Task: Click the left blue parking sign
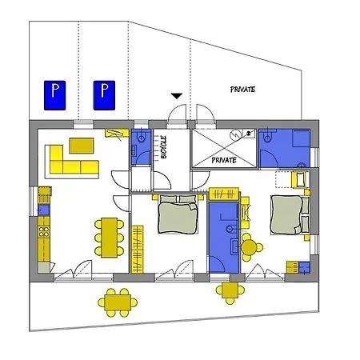(x=54, y=95)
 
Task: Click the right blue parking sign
(x=104, y=95)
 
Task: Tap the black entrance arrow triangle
(x=177, y=96)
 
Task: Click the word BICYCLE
(x=164, y=147)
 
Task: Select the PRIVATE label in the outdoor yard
(x=242, y=90)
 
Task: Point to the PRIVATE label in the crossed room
(x=224, y=160)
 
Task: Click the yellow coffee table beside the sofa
(x=82, y=146)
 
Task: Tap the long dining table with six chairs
(x=110, y=238)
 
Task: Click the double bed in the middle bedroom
(x=178, y=214)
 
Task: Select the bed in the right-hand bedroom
(x=290, y=214)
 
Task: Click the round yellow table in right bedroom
(x=249, y=247)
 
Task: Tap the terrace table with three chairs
(x=230, y=290)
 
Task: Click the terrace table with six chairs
(x=118, y=302)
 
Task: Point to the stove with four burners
(x=44, y=231)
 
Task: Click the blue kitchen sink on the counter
(x=44, y=210)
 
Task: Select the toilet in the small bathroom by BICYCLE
(x=141, y=137)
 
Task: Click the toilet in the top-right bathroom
(x=267, y=136)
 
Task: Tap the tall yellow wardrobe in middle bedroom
(x=138, y=250)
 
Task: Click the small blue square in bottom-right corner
(x=304, y=267)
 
